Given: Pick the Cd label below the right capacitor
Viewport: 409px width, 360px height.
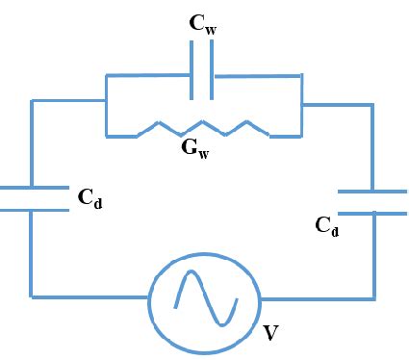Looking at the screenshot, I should click(x=328, y=227).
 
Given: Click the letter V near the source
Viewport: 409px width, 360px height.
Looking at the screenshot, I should click(x=272, y=333).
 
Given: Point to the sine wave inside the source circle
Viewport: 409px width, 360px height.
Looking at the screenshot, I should click(x=204, y=299).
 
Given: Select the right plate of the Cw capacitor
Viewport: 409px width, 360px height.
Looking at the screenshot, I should click(x=212, y=74).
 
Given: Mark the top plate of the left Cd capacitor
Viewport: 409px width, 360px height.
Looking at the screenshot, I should click(x=32, y=188).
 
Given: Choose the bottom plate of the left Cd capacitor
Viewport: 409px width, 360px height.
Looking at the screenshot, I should click(x=32, y=209).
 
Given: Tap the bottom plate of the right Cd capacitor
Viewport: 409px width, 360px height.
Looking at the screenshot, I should click(x=372, y=212).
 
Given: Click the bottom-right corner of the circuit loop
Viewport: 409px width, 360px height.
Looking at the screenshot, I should click(x=372, y=296).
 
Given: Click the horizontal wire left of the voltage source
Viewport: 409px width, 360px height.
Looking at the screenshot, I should click(x=91, y=296).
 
